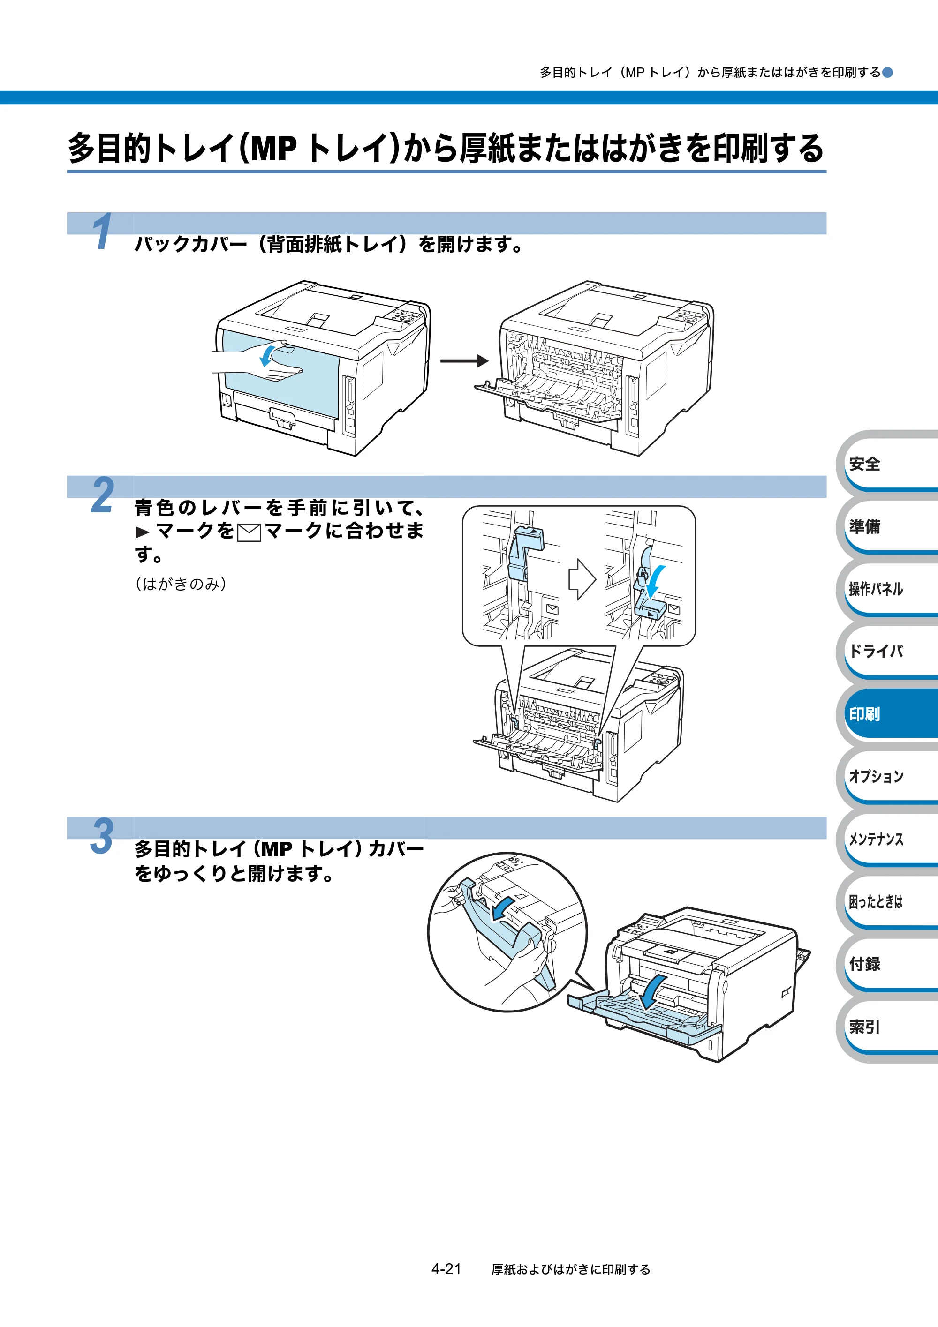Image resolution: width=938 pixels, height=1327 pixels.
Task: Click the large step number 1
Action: click(x=102, y=231)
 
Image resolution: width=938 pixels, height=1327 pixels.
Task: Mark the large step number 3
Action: click(x=102, y=836)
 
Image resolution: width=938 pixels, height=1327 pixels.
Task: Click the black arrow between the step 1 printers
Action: click(x=464, y=361)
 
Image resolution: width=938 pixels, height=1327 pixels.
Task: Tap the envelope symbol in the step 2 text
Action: click(x=249, y=532)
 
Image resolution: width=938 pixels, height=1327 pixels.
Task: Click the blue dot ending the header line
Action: click(x=888, y=72)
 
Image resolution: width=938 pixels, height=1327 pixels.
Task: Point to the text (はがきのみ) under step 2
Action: click(x=181, y=584)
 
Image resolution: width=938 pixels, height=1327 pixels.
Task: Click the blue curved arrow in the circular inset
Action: click(x=502, y=907)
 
